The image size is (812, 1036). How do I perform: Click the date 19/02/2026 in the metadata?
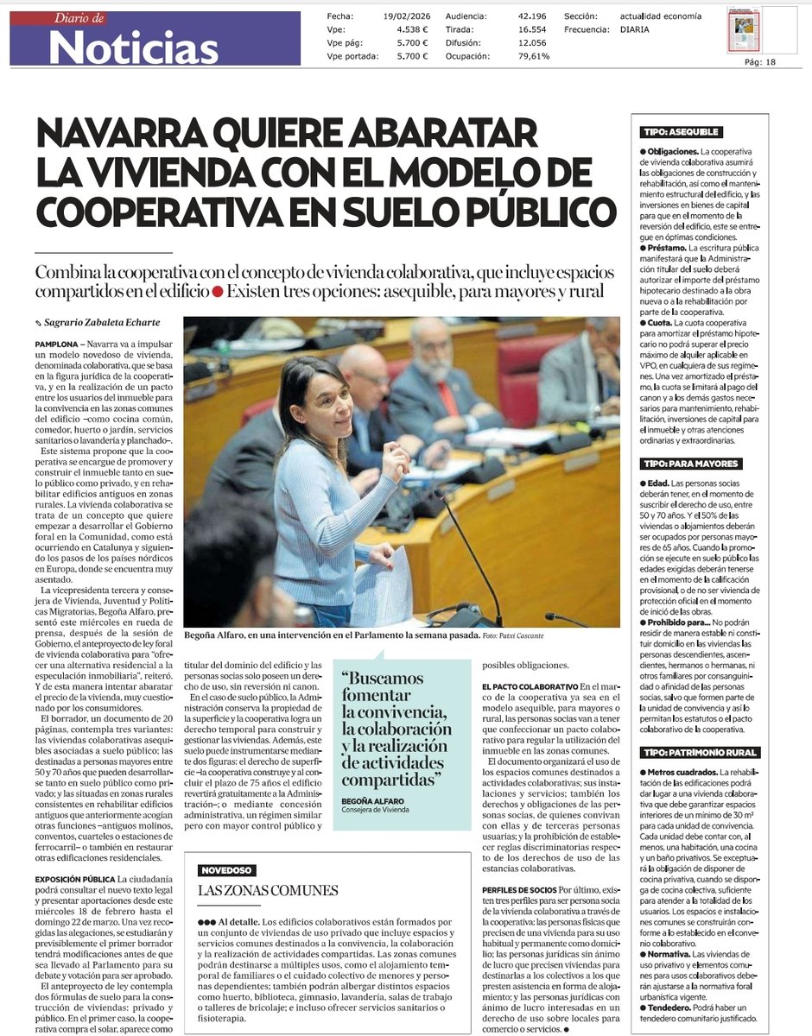406,16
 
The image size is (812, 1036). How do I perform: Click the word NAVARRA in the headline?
124,137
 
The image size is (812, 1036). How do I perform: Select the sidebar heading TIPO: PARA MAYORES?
691,464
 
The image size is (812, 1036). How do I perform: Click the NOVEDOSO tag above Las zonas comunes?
226,870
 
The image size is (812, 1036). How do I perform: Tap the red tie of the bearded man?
447,397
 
